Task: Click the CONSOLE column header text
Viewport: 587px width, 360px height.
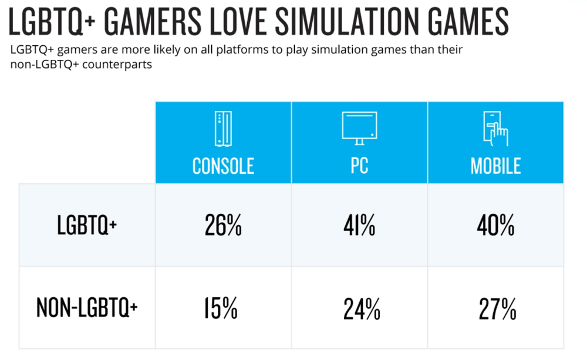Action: coord(223,166)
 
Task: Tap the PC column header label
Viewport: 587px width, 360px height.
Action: coord(359,166)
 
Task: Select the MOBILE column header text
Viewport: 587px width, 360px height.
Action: coord(495,166)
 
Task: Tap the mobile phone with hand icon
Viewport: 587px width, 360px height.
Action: coord(495,129)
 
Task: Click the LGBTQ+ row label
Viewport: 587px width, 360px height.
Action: coord(87,226)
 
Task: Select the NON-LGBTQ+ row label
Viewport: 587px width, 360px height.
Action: coord(87,307)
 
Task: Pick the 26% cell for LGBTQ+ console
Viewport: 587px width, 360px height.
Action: coord(223,226)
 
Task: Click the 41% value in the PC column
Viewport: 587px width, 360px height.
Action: coord(359,226)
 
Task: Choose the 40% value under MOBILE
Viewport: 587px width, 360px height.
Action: coord(495,226)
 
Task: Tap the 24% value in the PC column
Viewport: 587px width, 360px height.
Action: coord(359,308)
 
